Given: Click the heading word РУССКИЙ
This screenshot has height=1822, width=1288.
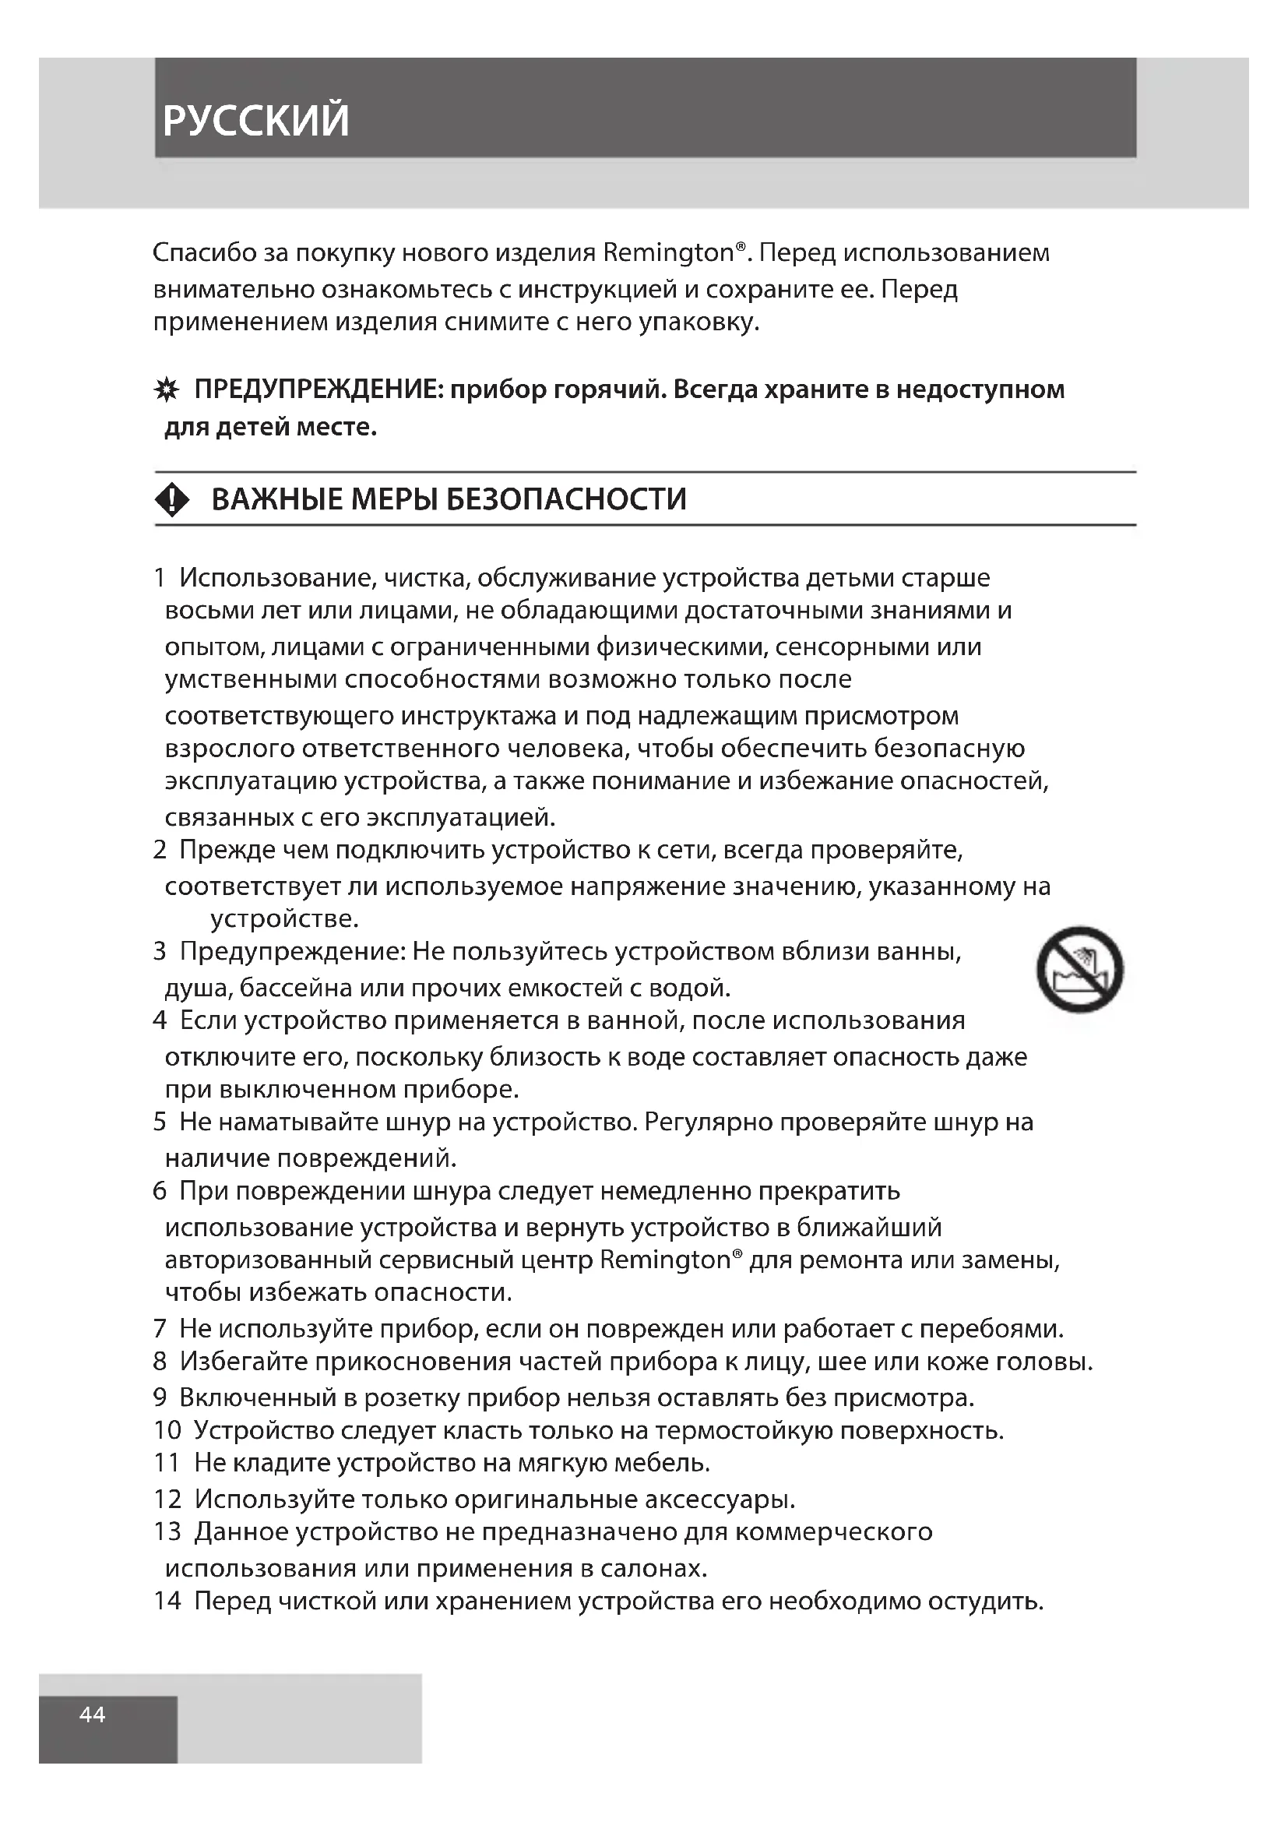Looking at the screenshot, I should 255,120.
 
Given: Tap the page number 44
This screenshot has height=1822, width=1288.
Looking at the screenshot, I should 92,1715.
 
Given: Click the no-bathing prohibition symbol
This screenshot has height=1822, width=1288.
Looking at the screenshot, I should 1079,969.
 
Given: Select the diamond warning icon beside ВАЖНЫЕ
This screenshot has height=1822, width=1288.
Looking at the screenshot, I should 173,500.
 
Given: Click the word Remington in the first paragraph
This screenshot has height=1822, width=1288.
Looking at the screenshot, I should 669,253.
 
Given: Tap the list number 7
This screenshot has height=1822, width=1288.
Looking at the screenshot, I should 160,1328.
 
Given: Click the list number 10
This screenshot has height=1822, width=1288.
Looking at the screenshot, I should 167,1431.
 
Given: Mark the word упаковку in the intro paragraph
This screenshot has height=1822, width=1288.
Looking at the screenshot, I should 698,322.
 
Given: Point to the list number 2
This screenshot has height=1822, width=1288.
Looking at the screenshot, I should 160,850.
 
